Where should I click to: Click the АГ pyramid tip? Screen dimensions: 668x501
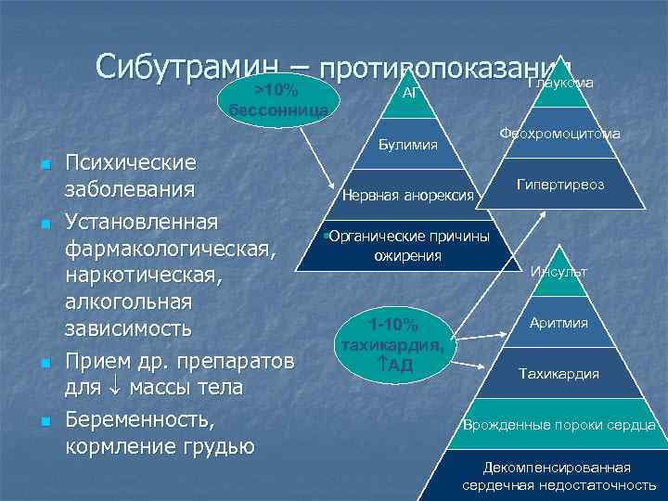click(x=410, y=94)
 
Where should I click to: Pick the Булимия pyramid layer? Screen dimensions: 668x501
click(x=409, y=145)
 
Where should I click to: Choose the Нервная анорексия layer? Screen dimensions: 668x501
click(x=408, y=196)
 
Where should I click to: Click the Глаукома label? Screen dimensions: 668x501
click(x=560, y=83)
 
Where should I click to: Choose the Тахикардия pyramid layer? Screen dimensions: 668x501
click(x=559, y=374)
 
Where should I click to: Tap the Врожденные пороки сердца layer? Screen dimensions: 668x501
click(x=559, y=425)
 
